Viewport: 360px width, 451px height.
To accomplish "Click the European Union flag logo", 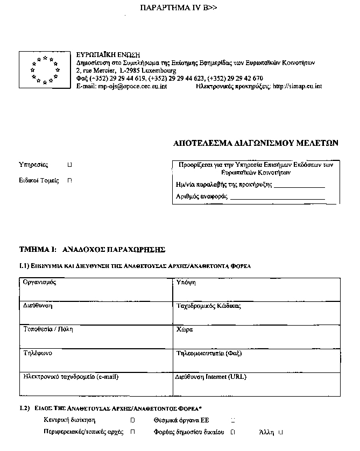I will (x=45, y=69).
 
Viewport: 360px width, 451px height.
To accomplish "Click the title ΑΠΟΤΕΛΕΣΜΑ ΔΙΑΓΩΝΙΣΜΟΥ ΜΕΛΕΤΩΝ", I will (x=256, y=144).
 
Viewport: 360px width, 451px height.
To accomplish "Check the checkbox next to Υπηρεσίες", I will (x=70, y=165).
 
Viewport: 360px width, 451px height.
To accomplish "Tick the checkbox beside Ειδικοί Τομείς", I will (x=70, y=181).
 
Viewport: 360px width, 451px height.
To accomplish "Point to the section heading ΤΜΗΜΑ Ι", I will (x=91, y=250).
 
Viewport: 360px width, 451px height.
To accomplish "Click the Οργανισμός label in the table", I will (x=40, y=282).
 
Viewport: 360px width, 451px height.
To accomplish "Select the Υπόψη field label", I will (x=186, y=282).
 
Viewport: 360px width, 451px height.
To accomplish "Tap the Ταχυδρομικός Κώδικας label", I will (x=208, y=306).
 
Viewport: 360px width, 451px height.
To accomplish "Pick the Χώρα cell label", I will (x=185, y=329).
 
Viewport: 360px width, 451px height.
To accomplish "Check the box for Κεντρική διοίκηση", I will (x=132, y=419).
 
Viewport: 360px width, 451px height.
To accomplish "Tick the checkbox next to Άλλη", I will (x=280, y=432).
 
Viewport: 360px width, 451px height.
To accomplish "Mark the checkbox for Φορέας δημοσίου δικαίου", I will (x=233, y=432).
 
